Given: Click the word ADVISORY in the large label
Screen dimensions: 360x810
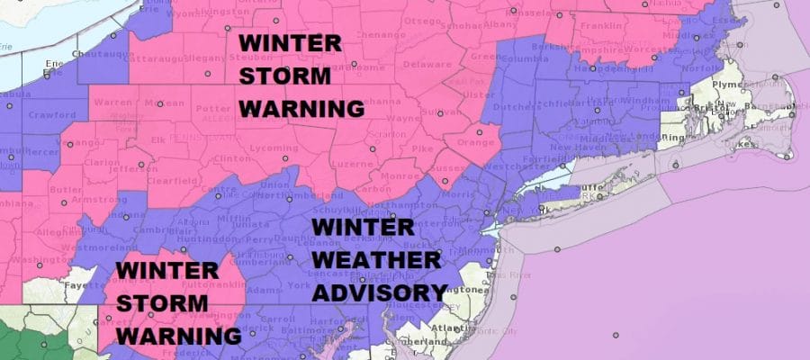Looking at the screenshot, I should click(380, 292).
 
